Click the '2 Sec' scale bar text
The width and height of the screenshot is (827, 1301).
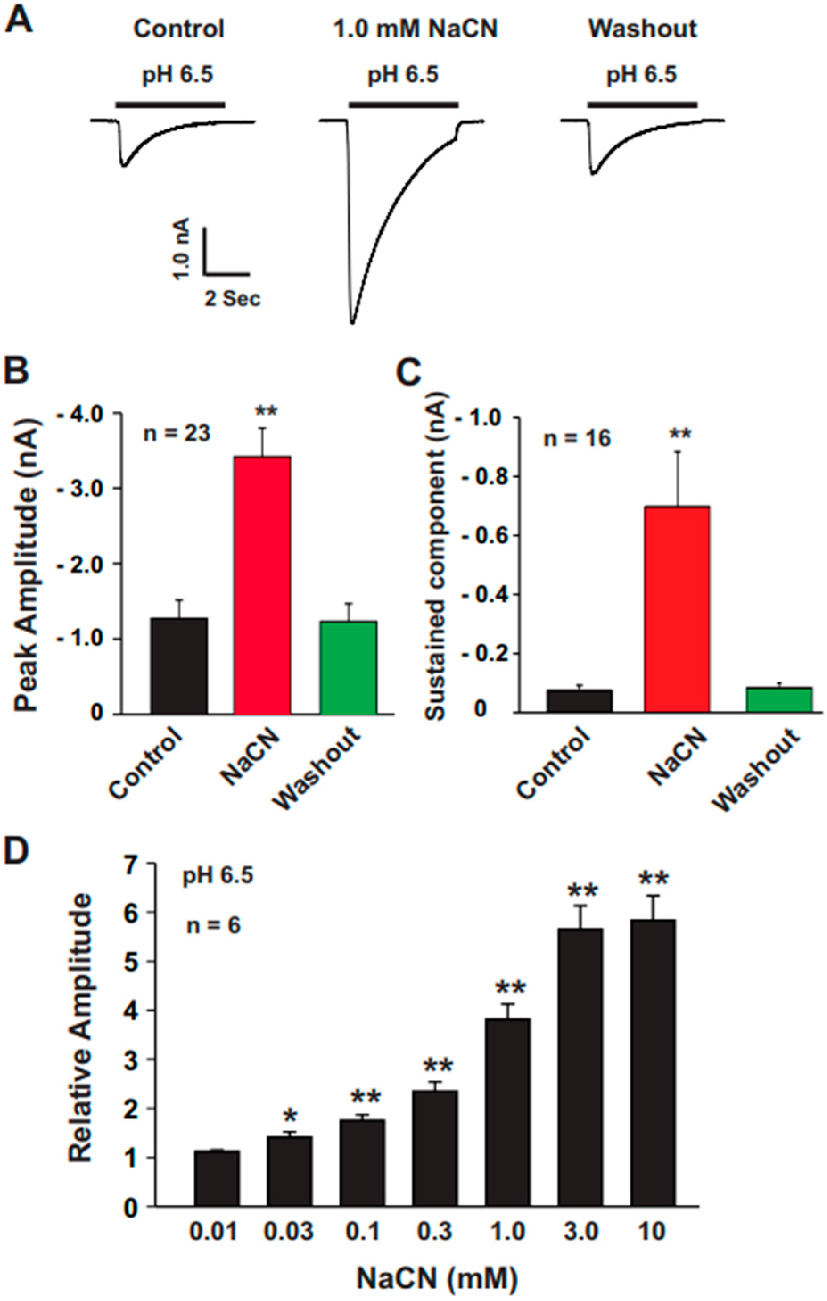coord(232,298)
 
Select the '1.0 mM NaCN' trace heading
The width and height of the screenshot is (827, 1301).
coord(415,28)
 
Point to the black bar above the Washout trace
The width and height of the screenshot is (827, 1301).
coord(642,103)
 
